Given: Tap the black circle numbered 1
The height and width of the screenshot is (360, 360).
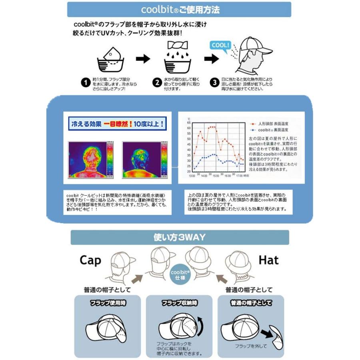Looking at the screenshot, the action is (85, 83).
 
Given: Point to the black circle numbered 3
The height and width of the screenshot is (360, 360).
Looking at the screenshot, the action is (215, 83).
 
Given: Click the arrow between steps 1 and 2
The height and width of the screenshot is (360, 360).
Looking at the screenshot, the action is (143, 59).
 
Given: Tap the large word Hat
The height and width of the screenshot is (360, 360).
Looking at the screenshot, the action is (268, 260).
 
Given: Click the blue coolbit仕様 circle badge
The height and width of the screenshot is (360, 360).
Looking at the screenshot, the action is (180, 274).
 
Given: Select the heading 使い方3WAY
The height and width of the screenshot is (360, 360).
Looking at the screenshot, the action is (180, 237).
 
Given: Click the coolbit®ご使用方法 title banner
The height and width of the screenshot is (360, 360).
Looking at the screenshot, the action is (180, 9).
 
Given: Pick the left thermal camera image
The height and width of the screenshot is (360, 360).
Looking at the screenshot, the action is (91, 160).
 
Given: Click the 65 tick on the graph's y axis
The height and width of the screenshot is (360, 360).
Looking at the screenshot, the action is (189, 122).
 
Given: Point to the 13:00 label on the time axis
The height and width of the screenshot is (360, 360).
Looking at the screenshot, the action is (192, 176).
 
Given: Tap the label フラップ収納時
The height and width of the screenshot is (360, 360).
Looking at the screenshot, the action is (180, 303).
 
